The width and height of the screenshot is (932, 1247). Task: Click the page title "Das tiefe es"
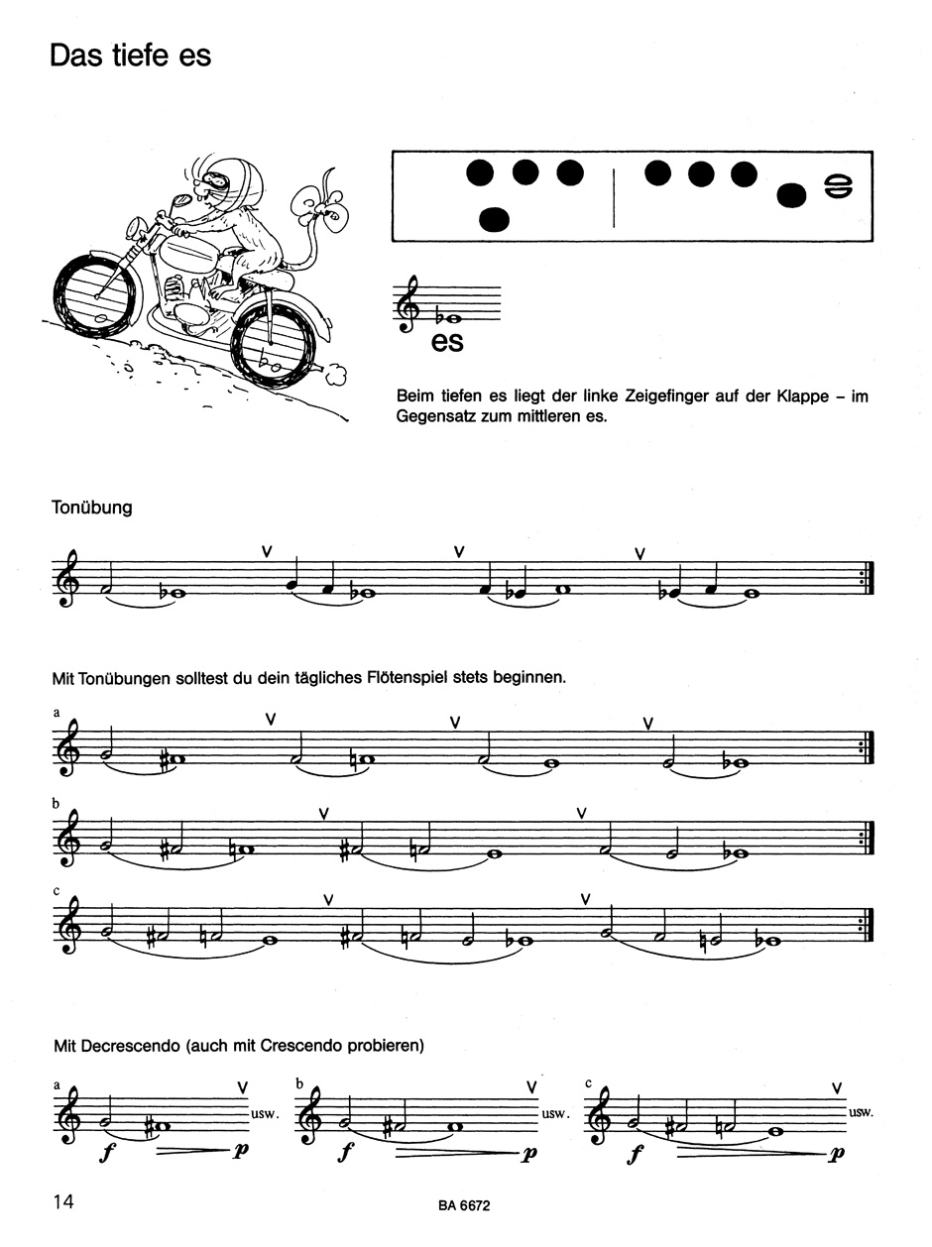[130, 56]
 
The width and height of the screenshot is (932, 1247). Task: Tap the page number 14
[63, 1201]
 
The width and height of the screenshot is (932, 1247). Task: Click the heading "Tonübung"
[92, 508]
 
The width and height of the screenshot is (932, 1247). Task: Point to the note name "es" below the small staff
[448, 343]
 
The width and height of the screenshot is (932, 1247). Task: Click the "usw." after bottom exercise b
[553, 1112]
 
